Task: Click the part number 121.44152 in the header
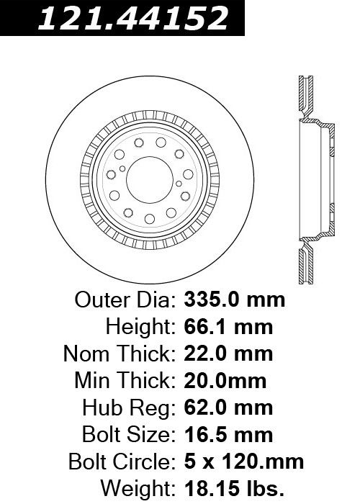tap(133, 18)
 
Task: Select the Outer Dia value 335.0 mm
tap(234, 300)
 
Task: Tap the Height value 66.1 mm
tap(228, 327)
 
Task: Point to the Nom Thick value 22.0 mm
tap(228, 354)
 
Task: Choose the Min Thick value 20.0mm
tap(225, 381)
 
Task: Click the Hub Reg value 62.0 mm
tap(228, 408)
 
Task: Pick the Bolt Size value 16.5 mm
tap(228, 435)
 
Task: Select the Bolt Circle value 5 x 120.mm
tap(244, 462)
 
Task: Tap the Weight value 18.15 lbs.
tap(234, 489)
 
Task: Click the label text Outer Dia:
tap(125, 300)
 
